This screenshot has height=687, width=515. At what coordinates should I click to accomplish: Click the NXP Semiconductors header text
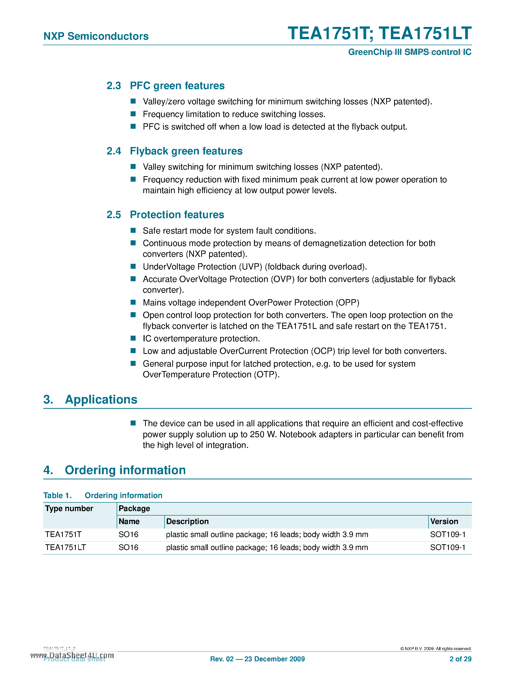[96, 36]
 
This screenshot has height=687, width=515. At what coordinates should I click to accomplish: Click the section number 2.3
[114, 86]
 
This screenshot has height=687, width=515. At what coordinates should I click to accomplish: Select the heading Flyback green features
[186, 151]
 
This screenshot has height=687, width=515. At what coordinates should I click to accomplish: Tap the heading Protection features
[177, 215]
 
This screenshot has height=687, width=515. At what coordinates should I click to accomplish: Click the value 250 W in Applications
[263, 434]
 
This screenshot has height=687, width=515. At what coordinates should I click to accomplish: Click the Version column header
[444, 522]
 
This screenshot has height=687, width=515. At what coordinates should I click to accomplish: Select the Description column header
[187, 522]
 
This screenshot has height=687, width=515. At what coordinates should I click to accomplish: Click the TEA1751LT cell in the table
[66, 548]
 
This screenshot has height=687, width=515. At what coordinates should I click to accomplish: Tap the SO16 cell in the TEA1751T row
[128, 535]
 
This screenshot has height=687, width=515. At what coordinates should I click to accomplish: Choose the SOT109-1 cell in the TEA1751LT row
[448, 548]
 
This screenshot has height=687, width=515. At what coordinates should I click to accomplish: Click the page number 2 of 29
[460, 659]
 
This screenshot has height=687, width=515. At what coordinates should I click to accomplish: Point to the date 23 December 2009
[274, 659]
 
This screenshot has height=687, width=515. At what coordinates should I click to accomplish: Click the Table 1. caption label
[57, 496]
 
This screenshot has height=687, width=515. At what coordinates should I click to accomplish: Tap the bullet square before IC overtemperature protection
[133, 338]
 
